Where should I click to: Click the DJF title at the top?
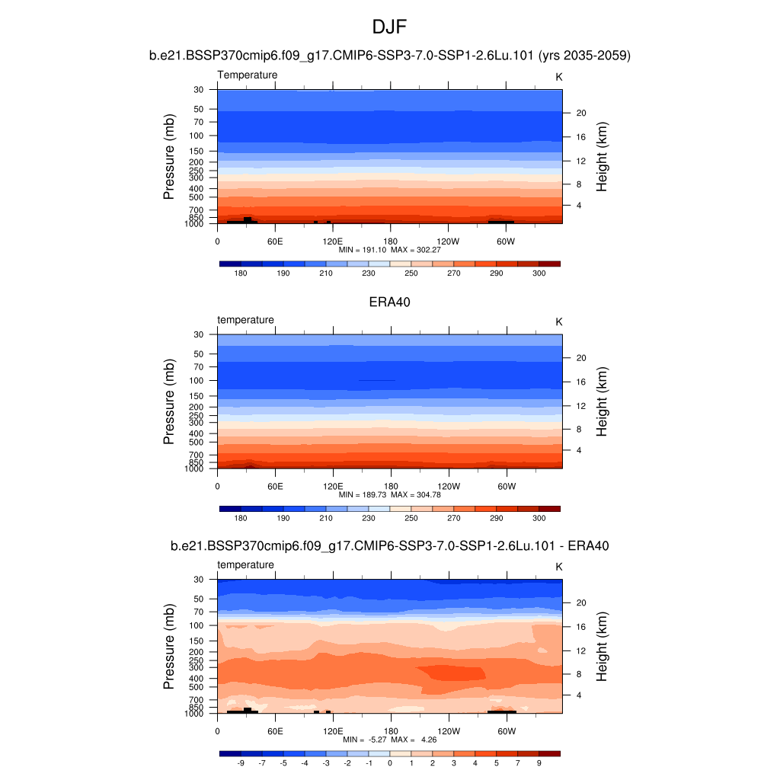[x=389, y=27]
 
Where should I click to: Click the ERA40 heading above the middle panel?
[x=389, y=302]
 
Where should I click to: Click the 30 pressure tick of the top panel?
[x=199, y=90]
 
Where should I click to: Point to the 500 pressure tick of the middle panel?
[x=197, y=442]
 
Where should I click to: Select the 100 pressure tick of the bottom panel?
[x=197, y=625]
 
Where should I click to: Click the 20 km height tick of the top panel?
[x=580, y=113]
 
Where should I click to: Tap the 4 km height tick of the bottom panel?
[x=577, y=695]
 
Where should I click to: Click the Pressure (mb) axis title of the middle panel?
[x=169, y=401]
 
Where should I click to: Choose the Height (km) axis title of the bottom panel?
[x=602, y=646]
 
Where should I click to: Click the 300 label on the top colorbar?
[x=539, y=273]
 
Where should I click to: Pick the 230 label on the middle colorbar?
[x=369, y=518]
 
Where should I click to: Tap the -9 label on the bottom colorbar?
[x=240, y=762]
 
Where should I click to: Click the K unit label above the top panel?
[x=558, y=76]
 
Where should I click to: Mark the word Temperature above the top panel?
[x=248, y=75]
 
